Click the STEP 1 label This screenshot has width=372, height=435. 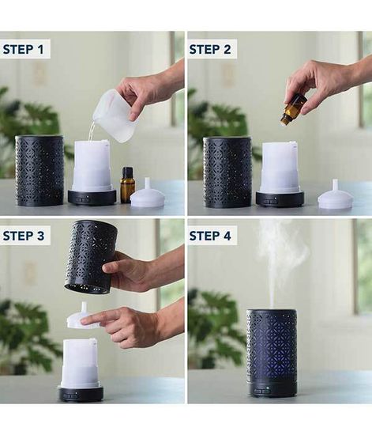point(23,49)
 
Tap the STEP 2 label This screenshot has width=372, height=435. point(210,49)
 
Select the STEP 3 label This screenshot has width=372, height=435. point(23,236)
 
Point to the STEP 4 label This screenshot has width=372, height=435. point(210,236)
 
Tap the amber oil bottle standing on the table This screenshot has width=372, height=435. point(126,185)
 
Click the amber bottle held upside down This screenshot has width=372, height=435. point(294,109)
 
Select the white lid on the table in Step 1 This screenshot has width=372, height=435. point(148,195)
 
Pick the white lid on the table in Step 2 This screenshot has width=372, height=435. point(336,195)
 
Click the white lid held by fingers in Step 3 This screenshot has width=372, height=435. point(80,316)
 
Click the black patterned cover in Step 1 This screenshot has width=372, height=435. point(39,171)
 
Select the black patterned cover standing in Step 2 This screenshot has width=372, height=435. point(227,172)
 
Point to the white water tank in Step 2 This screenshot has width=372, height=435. point(280,167)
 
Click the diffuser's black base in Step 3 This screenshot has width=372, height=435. point(81,392)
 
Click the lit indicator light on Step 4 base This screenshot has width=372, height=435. point(267,388)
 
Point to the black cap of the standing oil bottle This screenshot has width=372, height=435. point(127,172)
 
